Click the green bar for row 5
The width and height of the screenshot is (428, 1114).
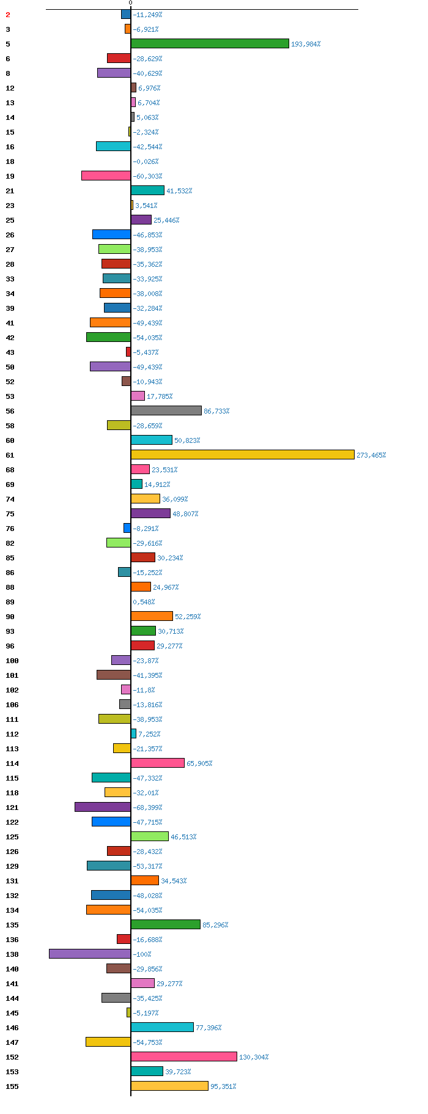pyautogui.click(x=210, y=43)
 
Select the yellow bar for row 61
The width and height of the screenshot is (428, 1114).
pyautogui.click(x=243, y=455)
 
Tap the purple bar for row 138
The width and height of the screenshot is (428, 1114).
pyautogui.click(x=90, y=954)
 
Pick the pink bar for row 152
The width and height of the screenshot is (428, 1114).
pyautogui.click(x=184, y=1056)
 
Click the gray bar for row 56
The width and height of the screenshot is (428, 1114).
pyautogui.click(x=166, y=410)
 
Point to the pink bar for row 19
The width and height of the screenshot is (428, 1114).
pyautogui.click(x=106, y=176)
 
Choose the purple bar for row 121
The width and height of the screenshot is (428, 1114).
pyautogui.click(x=103, y=807)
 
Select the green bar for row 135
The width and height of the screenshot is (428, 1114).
pyautogui.click(x=166, y=924)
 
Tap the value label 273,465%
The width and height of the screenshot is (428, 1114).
pyautogui.click(x=371, y=455)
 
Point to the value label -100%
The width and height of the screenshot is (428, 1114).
pyautogui.click(x=142, y=954)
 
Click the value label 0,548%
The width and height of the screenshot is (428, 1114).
pyautogui.click(x=144, y=602)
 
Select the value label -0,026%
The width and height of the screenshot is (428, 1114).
pyautogui.click(x=146, y=162)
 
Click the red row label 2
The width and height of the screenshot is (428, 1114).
pyautogui.click(x=8, y=15)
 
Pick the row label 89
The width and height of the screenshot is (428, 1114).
pyautogui.click(x=10, y=602)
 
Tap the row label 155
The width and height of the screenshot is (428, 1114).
pyautogui.click(x=12, y=1086)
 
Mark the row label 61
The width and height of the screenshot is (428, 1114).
pyautogui.click(x=10, y=455)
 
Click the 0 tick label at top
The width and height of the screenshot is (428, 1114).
pyautogui.click(x=130, y=3)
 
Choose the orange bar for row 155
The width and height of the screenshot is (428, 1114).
pyautogui.click(x=169, y=1086)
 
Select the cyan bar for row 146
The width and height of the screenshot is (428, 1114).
pyautogui.click(x=162, y=1027)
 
